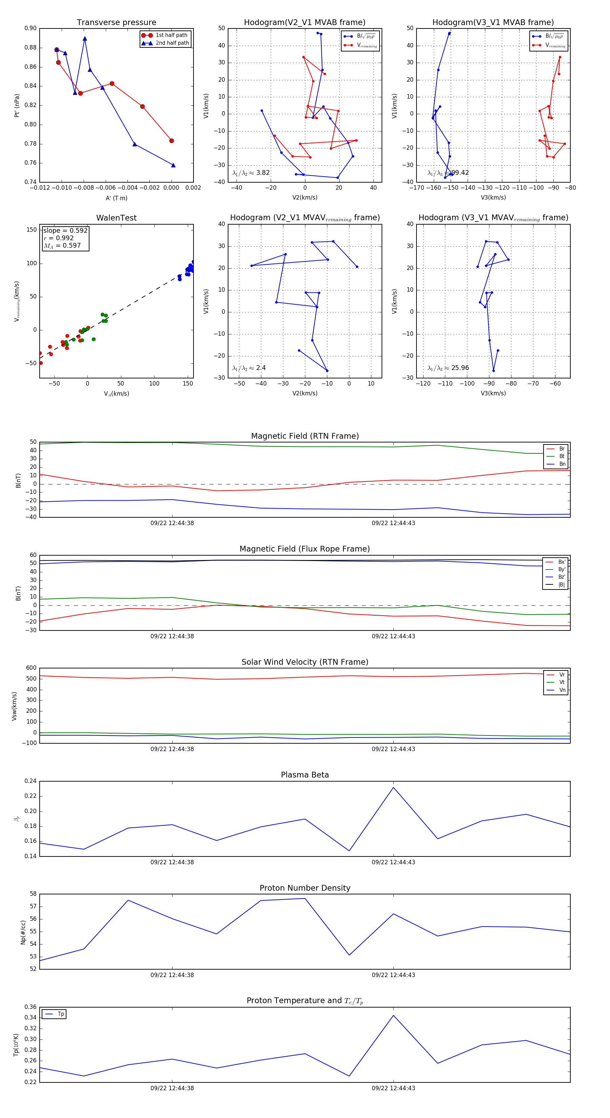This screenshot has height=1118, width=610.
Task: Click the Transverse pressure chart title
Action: click(x=116, y=23)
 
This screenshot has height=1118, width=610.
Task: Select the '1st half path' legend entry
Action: click(x=171, y=35)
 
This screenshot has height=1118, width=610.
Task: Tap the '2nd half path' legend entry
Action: click(x=172, y=43)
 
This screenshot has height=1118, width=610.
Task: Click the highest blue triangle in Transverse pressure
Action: click(x=85, y=39)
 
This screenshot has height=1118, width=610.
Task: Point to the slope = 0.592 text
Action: click(x=65, y=230)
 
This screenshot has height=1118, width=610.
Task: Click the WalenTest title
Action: click(x=116, y=218)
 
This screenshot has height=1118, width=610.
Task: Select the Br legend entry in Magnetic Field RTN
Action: click(x=562, y=449)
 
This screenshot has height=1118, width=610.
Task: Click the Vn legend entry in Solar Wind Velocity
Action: click(x=562, y=690)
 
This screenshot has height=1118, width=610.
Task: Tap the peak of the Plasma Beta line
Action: click(x=393, y=787)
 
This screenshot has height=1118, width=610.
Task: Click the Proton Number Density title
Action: click(x=305, y=888)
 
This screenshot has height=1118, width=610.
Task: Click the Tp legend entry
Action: click(x=60, y=1014)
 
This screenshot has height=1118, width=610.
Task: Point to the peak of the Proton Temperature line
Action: click(x=393, y=1015)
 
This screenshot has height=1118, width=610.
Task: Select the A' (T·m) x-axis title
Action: click(x=116, y=198)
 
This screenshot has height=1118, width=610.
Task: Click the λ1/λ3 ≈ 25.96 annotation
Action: click(x=448, y=368)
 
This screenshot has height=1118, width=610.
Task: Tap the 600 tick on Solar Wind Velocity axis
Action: click(x=31, y=668)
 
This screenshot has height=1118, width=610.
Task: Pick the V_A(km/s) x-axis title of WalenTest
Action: click(x=116, y=394)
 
